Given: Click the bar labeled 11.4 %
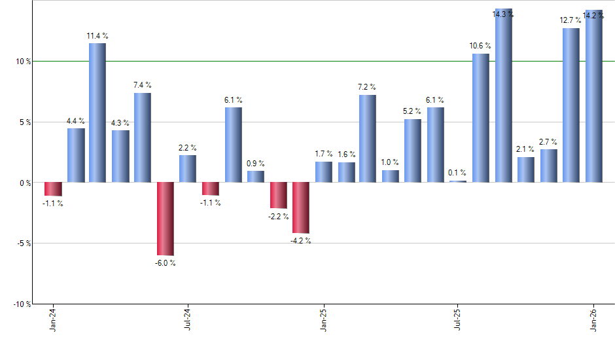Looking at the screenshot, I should click(97, 113).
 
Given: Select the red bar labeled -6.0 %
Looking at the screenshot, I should click(165, 219).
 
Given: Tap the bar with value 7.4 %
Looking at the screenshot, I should click(143, 137).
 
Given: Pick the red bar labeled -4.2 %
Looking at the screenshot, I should click(301, 207).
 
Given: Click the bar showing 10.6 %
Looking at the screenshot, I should click(481, 118).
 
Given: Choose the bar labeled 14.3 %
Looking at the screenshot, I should click(504, 96).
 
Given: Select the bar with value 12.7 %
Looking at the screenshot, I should click(571, 105).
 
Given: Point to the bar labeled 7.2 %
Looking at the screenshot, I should click(368, 139).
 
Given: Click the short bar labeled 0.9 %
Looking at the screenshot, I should click(256, 177).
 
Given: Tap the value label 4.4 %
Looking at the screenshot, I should click(76, 121).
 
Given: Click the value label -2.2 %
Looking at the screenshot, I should click(278, 216).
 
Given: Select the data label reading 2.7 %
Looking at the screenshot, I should click(548, 142).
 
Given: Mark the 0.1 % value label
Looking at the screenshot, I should click(458, 173).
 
